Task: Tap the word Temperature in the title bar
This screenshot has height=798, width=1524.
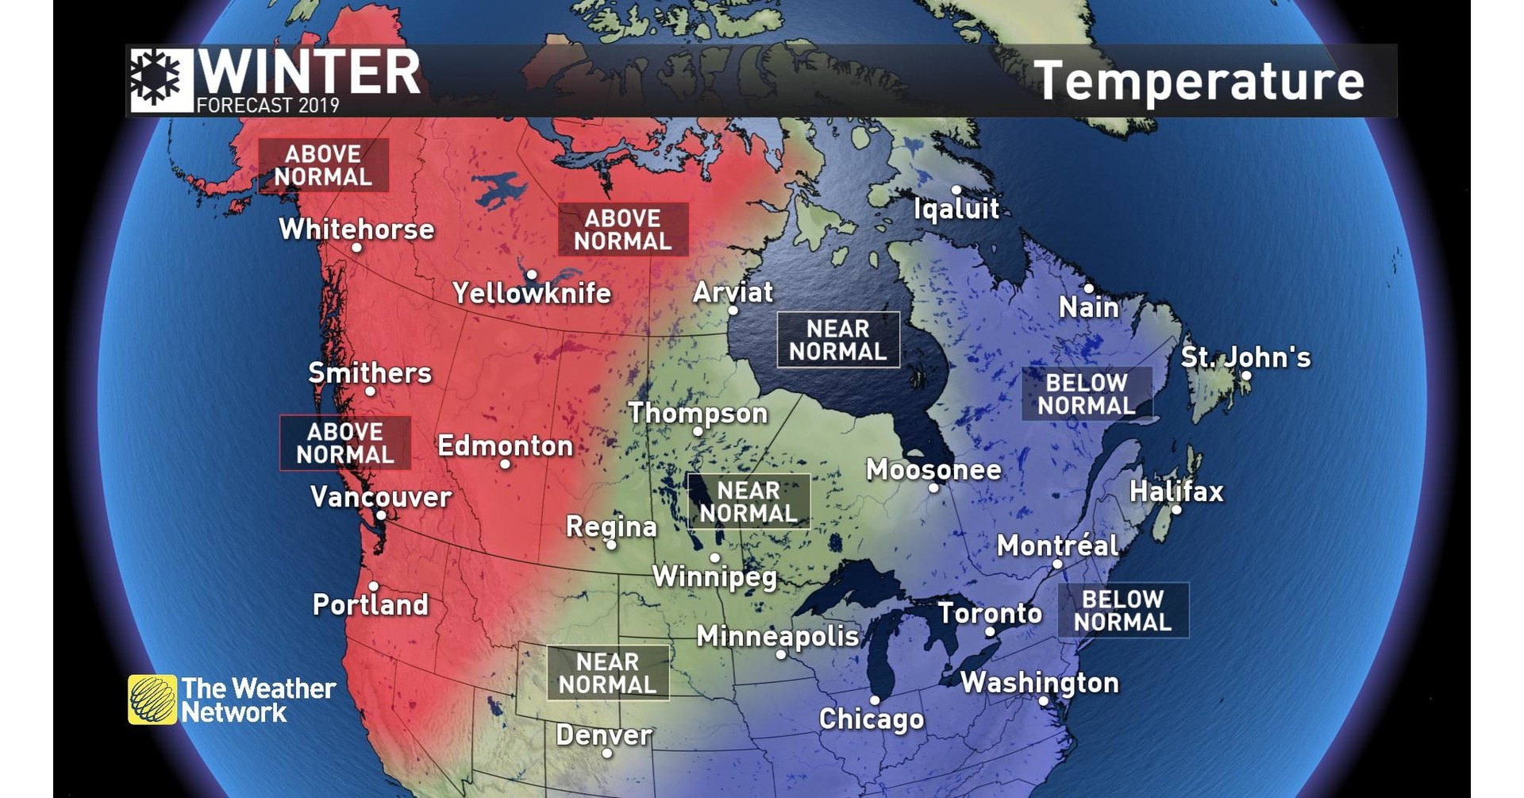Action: (1199, 81)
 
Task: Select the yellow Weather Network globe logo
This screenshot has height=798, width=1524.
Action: (152, 700)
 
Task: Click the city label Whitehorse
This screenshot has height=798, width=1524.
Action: (356, 229)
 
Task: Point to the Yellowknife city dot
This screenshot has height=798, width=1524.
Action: (532, 275)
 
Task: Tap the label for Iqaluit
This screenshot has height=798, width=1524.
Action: (956, 209)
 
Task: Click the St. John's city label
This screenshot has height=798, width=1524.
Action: (1245, 357)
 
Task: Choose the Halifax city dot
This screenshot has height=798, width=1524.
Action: (1176, 510)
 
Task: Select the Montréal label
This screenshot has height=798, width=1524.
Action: (1057, 545)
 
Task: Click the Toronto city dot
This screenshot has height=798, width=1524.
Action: (990, 632)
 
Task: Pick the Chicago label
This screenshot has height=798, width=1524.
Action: (872, 719)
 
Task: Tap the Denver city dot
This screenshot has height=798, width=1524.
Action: (607, 753)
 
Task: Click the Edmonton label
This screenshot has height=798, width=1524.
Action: (505, 445)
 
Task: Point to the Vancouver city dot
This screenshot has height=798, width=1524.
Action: (381, 515)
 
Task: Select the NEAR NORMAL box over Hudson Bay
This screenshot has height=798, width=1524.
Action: (837, 340)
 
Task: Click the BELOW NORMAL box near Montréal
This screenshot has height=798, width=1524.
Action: (1122, 611)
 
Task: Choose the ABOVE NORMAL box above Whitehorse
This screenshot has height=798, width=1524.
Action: (323, 165)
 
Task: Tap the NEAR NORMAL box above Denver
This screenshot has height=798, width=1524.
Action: (607, 673)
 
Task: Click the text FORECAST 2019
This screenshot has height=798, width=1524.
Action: (267, 106)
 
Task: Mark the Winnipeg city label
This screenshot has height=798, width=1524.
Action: (714, 576)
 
